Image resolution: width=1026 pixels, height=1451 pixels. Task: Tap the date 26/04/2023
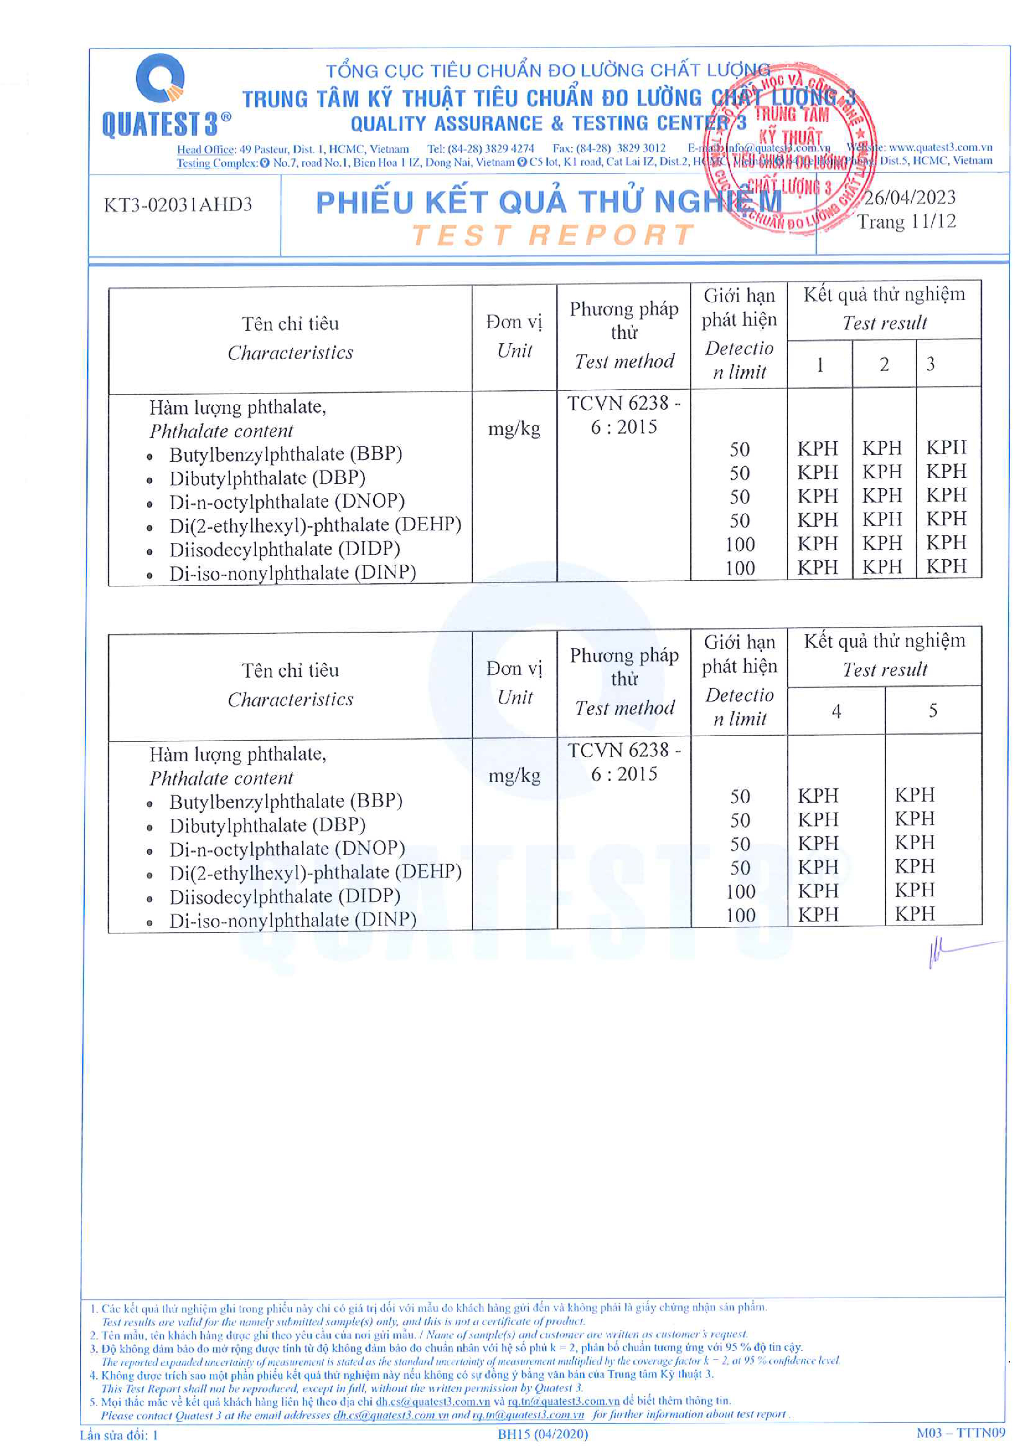[x=910, y=198]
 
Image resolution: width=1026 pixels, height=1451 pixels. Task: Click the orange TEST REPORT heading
[x=553, y=235]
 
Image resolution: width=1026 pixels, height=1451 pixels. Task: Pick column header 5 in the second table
[x=933, y=711]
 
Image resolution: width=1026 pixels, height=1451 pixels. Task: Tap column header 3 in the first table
[x=930, y=364]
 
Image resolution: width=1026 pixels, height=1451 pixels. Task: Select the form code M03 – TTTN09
[x=960, y=1433]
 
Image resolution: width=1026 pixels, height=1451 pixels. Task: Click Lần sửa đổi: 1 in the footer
[x=119, y=1434]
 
